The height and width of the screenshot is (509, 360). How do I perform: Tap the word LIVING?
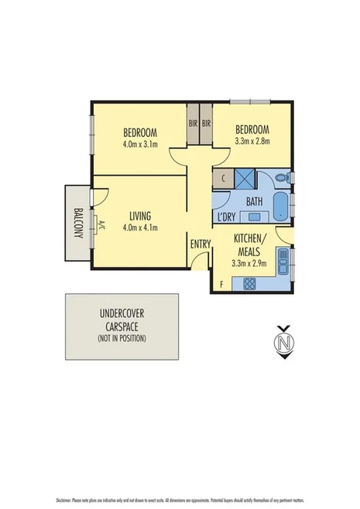(140, 215)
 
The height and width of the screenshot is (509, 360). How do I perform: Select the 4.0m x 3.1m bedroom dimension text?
(140, 143)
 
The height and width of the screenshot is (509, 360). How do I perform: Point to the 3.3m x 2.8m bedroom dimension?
(252, 141)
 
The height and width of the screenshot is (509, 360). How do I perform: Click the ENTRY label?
(201, 244)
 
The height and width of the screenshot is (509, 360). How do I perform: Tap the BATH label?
(255, 201)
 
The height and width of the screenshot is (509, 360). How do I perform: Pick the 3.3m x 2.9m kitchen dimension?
(249, 263)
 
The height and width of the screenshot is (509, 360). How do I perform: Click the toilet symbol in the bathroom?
(286, 178)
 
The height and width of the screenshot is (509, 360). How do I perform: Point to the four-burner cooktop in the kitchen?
(250, 284)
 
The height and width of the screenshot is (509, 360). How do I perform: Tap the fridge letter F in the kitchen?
(222, 284)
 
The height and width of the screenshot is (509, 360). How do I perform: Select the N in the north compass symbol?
(285, 340)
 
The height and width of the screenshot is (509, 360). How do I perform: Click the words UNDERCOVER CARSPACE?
(121, 320)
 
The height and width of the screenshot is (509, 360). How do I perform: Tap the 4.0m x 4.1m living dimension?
(140, 227)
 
